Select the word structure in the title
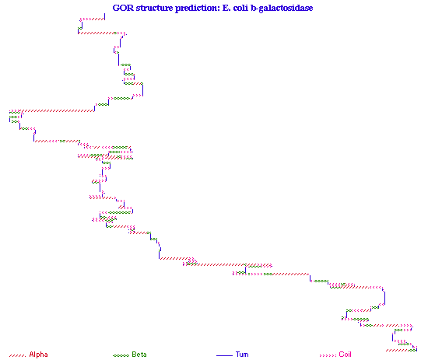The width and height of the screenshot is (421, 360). coord(154,8)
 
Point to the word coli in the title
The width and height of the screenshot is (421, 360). coord(240,8)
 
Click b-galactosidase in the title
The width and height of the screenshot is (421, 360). coord(282,8)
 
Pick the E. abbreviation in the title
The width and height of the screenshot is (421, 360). coord(226,8)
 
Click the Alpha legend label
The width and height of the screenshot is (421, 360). coord(38,355)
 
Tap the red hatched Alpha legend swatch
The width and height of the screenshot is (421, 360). coord(17,355)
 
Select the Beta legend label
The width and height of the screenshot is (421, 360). coord(139,355)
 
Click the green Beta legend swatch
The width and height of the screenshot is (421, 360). coord(121,355)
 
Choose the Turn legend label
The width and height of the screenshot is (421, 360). coord(242,355)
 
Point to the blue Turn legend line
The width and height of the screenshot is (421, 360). coord(224,355)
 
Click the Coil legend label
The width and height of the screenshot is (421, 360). coord(345,355)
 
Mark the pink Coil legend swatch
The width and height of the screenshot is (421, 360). coord(328,355)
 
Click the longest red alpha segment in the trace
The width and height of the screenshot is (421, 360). coord(58,110)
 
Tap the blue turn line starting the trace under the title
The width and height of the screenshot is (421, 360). coord(104,16)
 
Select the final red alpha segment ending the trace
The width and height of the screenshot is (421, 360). coord(398,350)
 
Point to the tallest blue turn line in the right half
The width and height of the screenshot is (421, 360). coord(384,298)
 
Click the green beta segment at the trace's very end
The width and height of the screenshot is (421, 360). coord(412,350)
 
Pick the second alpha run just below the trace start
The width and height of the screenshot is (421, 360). coord(97,33)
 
